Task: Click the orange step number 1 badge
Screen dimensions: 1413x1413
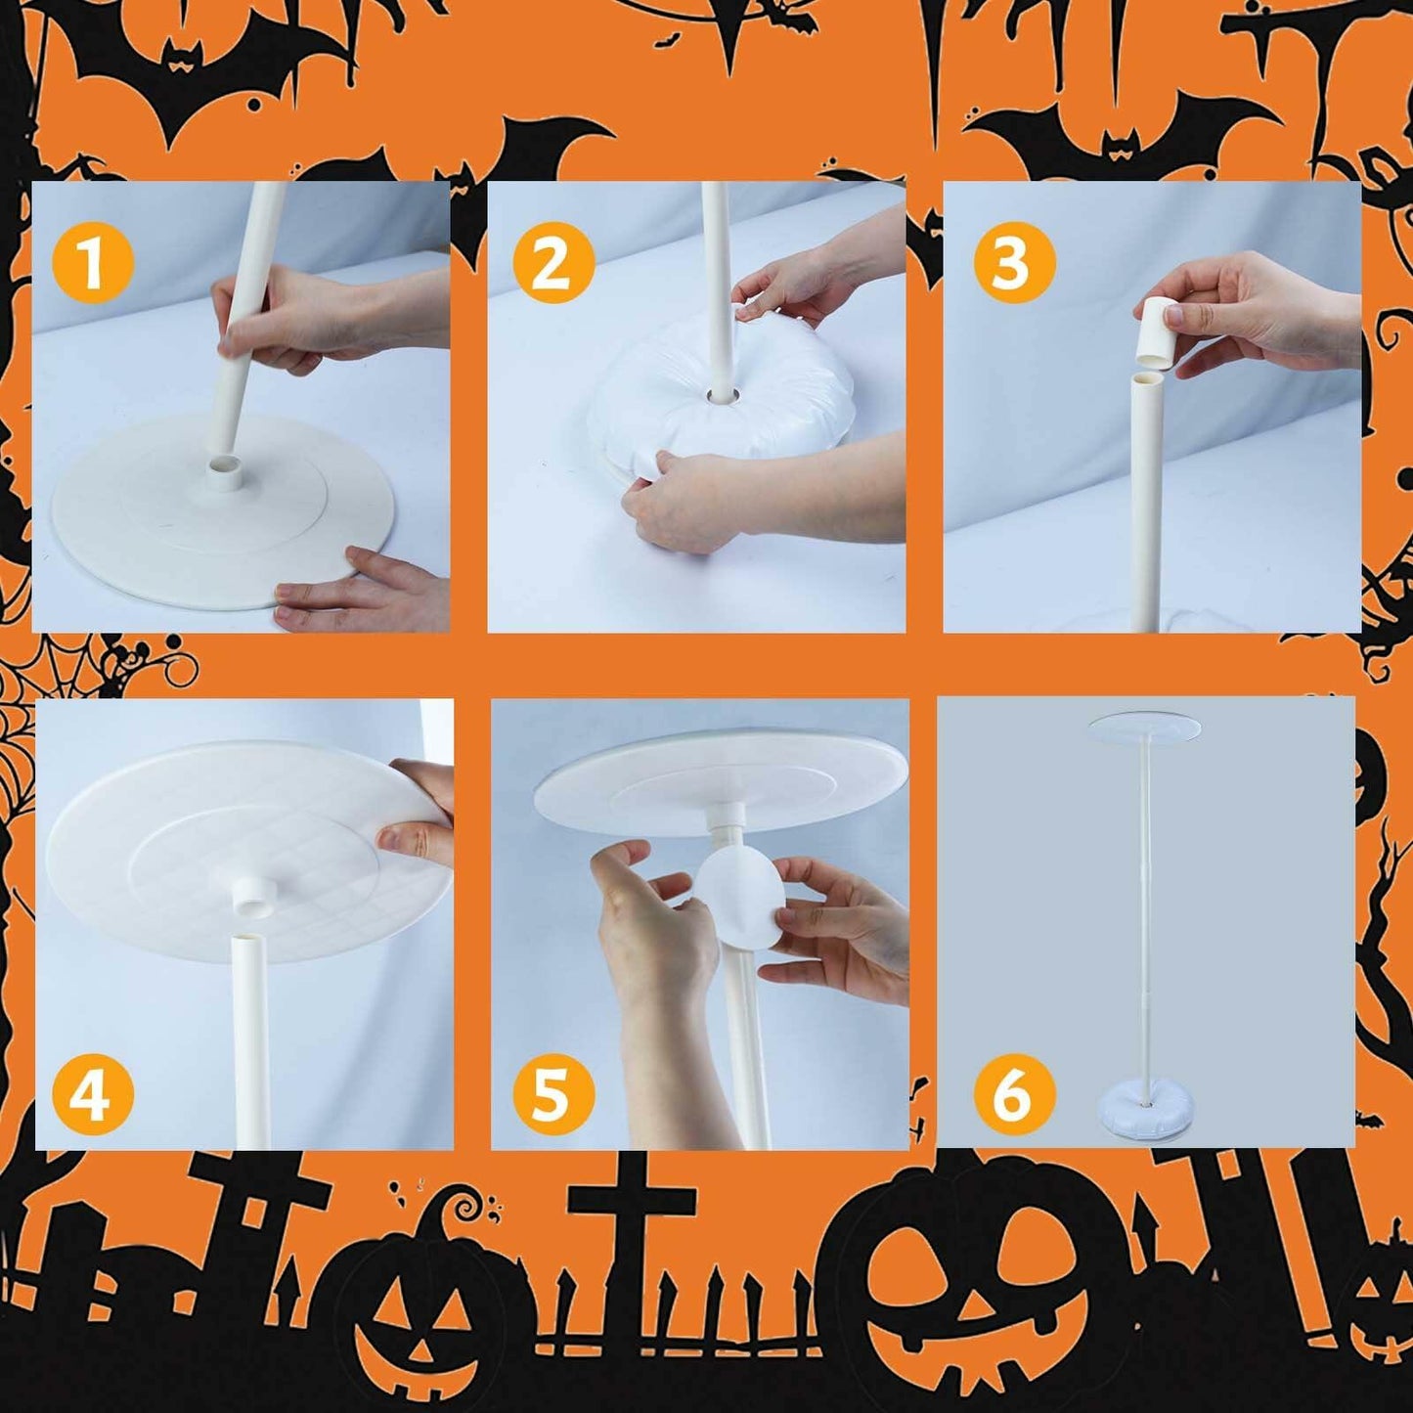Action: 92,262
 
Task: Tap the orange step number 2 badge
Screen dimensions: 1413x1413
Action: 553,262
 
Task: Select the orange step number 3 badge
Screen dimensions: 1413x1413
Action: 1014,262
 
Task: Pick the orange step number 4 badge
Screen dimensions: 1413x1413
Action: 92,1094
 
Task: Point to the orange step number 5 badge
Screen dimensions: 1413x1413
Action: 553,1094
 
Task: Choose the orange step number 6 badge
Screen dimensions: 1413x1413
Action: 1014,1094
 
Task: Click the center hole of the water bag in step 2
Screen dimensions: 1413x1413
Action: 725,396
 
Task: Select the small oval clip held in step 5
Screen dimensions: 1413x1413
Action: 741,895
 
